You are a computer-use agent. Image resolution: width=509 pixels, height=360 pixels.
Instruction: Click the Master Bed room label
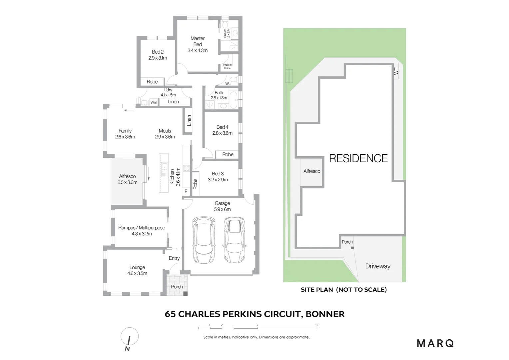point(198,41)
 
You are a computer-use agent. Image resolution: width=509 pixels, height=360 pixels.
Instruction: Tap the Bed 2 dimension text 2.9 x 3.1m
point(158,58)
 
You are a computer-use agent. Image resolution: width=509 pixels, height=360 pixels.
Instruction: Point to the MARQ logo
point(435,343)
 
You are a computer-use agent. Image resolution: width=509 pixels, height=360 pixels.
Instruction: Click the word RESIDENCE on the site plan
point(358,158)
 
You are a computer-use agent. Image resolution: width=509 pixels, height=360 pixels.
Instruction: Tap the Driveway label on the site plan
point(377,266)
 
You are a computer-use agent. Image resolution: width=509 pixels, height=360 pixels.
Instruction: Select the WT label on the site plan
point(396,71)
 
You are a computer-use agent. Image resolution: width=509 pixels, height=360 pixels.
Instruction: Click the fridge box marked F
point(186,191)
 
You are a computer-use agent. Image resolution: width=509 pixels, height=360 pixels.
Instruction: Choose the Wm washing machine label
point(154,102)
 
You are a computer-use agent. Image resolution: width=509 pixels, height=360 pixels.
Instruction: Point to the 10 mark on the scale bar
point(316,325)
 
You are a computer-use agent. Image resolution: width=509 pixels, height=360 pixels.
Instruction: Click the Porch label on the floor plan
point(177,287)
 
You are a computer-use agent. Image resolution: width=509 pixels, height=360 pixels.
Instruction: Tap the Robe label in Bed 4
point(228,154)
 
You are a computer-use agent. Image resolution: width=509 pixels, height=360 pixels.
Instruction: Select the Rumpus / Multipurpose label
point(142,228)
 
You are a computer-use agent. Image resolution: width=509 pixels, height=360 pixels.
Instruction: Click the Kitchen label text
point(172,177)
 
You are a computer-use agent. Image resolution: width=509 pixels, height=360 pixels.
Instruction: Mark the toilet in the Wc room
point(234,79)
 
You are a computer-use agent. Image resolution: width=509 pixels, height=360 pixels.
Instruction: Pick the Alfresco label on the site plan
point(311,171)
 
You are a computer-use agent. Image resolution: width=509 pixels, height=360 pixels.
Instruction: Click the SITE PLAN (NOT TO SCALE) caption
point(343,290)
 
